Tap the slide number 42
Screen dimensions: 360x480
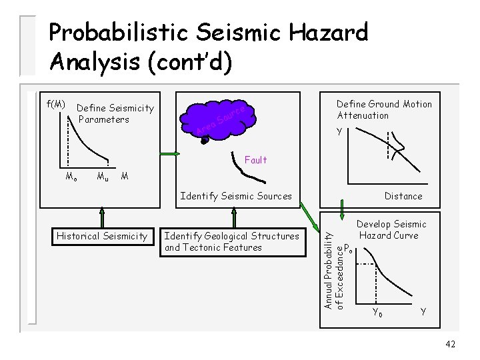(451, 344)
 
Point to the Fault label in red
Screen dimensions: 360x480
(255, 160)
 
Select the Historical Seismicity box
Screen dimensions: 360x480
(102, 236)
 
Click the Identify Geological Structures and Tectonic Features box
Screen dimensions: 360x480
(231, 241)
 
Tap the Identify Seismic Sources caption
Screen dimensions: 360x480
(236, 196)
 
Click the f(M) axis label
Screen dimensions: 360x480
(56, 104)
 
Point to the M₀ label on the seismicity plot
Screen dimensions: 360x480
(71, 177)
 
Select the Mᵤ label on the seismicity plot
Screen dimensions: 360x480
(103, 177)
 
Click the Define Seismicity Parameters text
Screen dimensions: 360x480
(115, 114)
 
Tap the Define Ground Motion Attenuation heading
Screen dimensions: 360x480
(384, 109)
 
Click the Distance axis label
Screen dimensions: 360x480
(403, 196)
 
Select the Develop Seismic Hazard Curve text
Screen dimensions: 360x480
(392, 229)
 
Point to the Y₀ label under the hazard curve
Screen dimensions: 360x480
(377, 311)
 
